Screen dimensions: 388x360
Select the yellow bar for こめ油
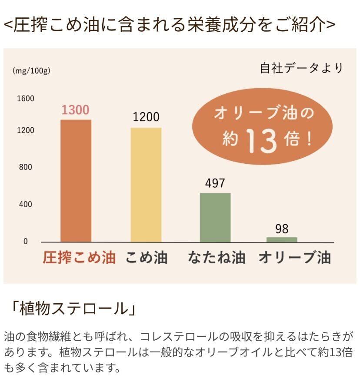click(146, 185)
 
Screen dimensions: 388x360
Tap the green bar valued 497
click(215, 217)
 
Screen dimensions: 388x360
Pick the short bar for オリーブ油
click(282, 239)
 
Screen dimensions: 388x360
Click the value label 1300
click(75, 110)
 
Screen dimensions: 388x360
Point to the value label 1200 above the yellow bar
click(146, 117)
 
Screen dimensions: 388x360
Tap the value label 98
click(282, 229)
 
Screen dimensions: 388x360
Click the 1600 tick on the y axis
click(25, 99)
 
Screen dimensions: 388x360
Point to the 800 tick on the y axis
click(25, 167)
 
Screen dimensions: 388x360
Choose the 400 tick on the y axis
click(25, 205)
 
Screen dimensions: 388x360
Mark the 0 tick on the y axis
click(25, 242)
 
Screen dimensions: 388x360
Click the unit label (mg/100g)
click(31, 71)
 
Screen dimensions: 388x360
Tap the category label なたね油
click(217, 258)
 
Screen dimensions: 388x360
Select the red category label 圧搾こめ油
click(79, 258)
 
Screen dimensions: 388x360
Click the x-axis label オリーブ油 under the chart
click(295, 258)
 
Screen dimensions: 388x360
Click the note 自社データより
click(301, 69)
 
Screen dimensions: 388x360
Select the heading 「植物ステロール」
click(73, 309)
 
